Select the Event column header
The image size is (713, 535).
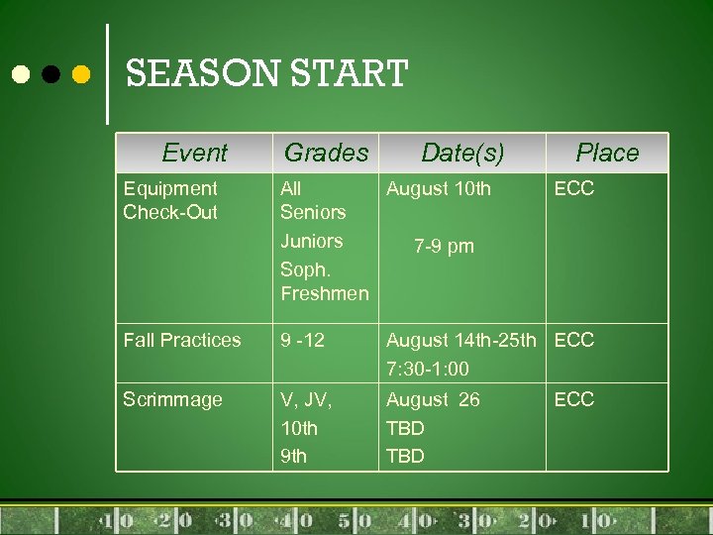tap(194, 153)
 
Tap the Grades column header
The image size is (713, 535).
tap(326, 153)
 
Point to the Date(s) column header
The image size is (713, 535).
tap(462, 153)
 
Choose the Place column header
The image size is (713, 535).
tap(607, 153)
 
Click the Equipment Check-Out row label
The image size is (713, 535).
tap(170, 200)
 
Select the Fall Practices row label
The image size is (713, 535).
tap(182, 340)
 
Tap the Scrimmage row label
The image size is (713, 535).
tap(172, 399)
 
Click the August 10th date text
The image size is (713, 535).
tap(439, 188)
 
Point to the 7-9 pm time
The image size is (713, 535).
tap(444, 246)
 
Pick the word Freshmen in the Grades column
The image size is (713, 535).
tap(325, 293)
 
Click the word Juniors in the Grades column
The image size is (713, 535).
tap(312, 241)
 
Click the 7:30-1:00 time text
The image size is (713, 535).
tap(428, 370)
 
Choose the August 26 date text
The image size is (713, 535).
tap(433, 399)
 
